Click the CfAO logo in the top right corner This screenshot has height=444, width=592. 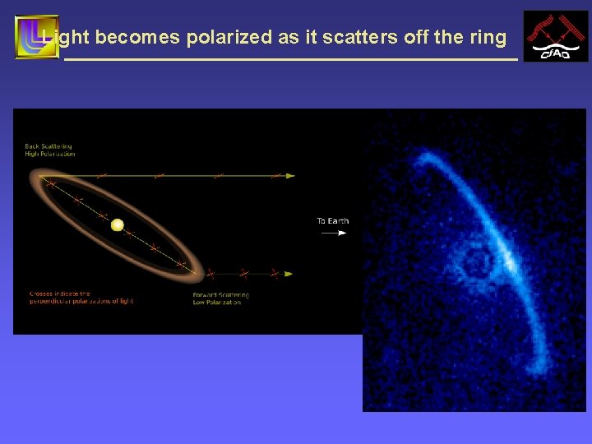(x=556, y=36)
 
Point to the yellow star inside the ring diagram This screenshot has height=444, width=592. (x=118, y=224)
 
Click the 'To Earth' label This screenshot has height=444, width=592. (x=333, y=220)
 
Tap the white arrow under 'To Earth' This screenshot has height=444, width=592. (x=333, y=234)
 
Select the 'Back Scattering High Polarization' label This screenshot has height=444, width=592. (x=50, y=150)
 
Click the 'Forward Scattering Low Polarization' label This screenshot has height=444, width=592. (x=220, y=298)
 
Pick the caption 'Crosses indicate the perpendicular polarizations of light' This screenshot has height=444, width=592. (x=81, y=297)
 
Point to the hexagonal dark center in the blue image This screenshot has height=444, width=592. (x=475, y=264)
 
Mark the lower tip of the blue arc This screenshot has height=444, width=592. (x=540, y=365)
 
